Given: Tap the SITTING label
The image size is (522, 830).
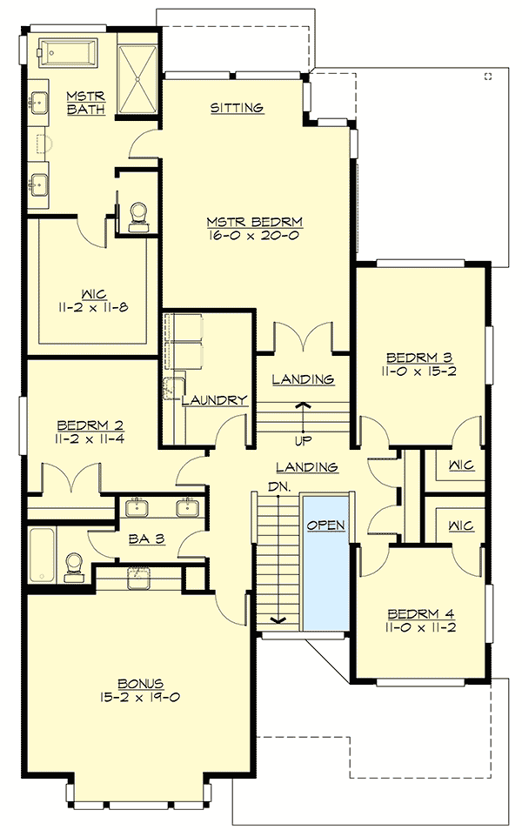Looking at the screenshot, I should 237,108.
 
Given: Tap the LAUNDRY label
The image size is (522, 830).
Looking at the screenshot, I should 216,400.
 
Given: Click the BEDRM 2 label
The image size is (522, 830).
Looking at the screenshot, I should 90,425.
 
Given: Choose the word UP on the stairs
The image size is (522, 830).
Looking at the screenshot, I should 303,440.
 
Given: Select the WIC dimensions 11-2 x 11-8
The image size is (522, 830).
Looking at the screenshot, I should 89,307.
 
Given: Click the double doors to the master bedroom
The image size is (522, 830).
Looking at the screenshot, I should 303,338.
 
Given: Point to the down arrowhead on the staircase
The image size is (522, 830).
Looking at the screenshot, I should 278,619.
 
